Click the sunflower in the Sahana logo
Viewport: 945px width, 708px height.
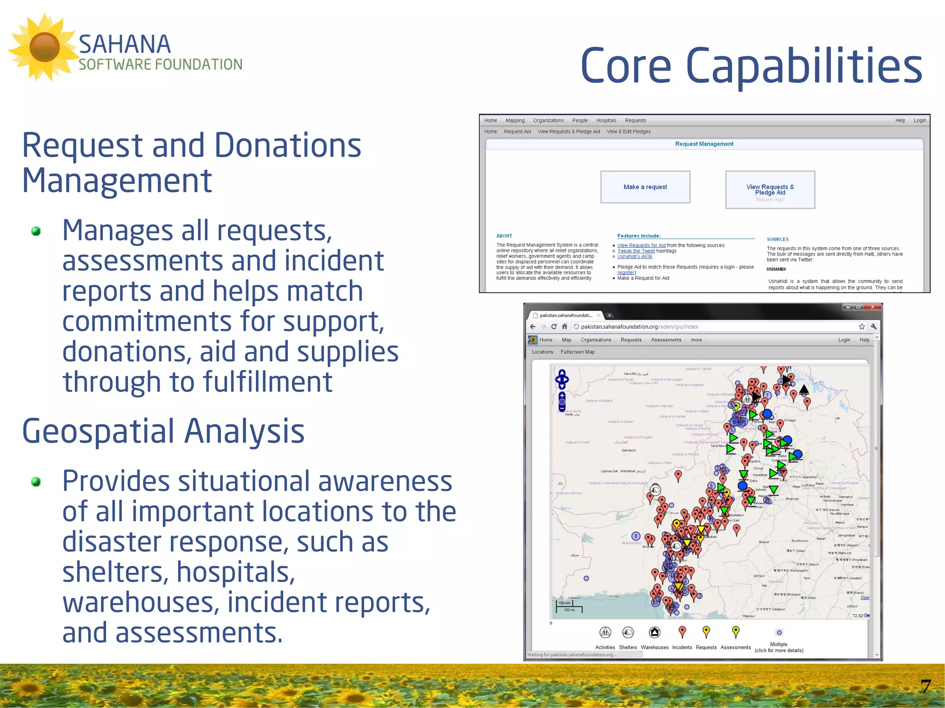coord(44,47)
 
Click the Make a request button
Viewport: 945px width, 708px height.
coord(645,187)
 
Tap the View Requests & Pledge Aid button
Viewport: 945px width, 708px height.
coord(770,190)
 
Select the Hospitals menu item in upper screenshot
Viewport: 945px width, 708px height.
coord(606,120)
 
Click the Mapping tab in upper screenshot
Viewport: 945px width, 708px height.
coord(515,120)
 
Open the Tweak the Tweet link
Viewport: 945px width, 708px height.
coord(636,251)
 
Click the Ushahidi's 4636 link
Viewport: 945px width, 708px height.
coord(634,256)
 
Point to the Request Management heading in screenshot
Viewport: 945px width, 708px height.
coord(704,144)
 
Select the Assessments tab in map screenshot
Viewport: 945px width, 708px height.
coord(665,340)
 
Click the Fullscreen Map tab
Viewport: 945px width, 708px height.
coord(577,352)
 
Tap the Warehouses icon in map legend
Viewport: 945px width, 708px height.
coord(654,632)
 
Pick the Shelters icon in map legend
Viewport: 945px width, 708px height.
coord(628,632)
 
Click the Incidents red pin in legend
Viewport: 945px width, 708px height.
coord(682,631)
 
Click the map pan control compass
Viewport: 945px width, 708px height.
coord(562,379)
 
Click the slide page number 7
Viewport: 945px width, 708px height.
coord(925,686)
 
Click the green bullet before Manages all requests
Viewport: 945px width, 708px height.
coord(36,231)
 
